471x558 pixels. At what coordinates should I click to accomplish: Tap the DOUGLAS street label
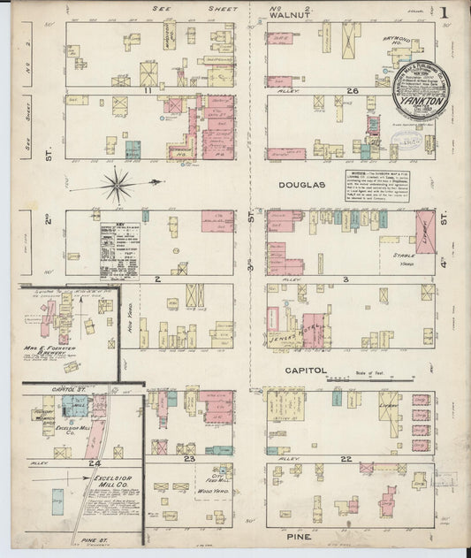tap(303, 185)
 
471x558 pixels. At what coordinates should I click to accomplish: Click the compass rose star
tap(119, 185)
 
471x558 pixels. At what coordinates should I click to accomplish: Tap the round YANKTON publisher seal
tap(421, 91)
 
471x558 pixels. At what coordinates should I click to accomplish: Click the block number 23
tap(188, 459)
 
